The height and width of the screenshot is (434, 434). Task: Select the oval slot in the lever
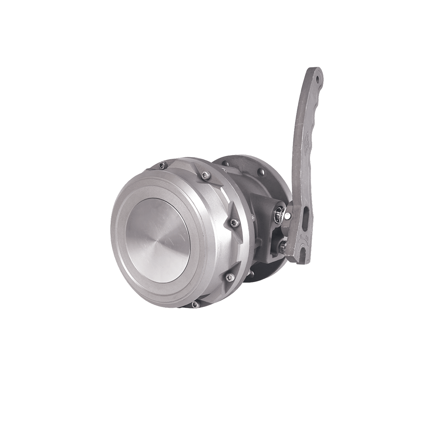point(306,217)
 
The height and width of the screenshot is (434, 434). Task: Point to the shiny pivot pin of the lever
point(288,216)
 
